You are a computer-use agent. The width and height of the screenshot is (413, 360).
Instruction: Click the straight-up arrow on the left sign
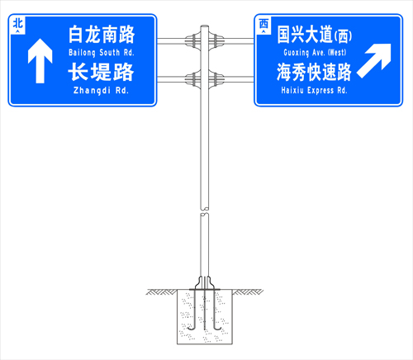point(40,60)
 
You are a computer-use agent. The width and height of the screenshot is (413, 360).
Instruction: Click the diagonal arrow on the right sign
point(374,60)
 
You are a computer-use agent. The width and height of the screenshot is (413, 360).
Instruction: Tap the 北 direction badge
point(18,26)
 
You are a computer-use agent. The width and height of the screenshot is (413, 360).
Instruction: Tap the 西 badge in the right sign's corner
point(263,26)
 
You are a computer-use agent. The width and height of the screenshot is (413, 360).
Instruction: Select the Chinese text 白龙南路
point(102,35)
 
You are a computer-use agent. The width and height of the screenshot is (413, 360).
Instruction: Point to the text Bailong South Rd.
point(102,53)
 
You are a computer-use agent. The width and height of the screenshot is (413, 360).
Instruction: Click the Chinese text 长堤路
point(101,72)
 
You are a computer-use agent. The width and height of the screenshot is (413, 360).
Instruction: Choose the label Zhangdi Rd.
point(101,90)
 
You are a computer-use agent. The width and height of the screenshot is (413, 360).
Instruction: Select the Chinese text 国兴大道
point(305,35)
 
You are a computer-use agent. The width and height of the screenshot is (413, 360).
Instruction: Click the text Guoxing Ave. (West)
point(315,52)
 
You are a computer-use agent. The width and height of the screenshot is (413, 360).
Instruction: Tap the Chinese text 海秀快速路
point(314,72)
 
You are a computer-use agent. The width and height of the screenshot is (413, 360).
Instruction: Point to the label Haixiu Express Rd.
point(314,90)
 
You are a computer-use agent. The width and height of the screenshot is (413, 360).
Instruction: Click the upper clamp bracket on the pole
point(205,41)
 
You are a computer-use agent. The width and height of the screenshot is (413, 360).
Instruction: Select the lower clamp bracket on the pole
point(205,79)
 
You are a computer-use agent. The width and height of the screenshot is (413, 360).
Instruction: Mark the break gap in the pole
point(204,211)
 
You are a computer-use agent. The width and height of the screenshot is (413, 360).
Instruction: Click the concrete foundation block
point(205,316)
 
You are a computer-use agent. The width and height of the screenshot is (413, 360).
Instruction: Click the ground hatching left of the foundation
point(161,292)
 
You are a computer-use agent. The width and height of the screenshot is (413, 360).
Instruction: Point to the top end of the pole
point(205,26)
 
